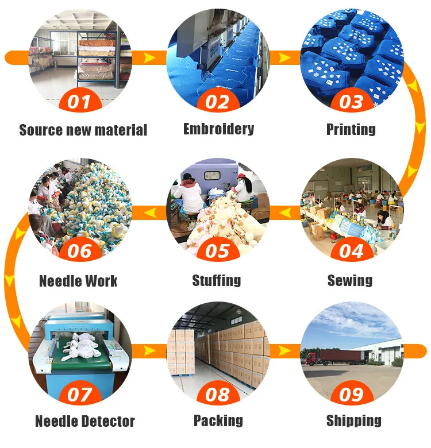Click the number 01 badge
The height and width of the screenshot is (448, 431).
click(80, 102)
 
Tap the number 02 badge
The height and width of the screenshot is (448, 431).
click(217, 102)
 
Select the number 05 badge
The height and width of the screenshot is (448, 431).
click(217, 251)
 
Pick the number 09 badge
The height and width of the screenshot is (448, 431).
click(351, 395)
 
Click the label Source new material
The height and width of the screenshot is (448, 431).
click(83, 130)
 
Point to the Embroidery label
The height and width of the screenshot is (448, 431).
click(218, 129)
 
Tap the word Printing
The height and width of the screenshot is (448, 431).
click(351, 129)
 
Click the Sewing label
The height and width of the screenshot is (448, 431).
click(350, 280)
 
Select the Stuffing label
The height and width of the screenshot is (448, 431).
click(216, 280)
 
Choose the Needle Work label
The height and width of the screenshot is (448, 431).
click(78, 281)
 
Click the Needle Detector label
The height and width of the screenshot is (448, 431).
click(84, 421)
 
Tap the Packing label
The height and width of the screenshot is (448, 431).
click(218, 420)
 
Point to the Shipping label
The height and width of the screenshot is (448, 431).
click(353, 420)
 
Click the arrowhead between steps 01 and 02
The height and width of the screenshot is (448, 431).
click(149, 57)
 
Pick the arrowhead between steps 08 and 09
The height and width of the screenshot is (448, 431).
click(284, 349)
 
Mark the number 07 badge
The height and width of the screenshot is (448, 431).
click(80, 395)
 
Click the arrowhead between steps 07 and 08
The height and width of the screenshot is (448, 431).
click(149, 349)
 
